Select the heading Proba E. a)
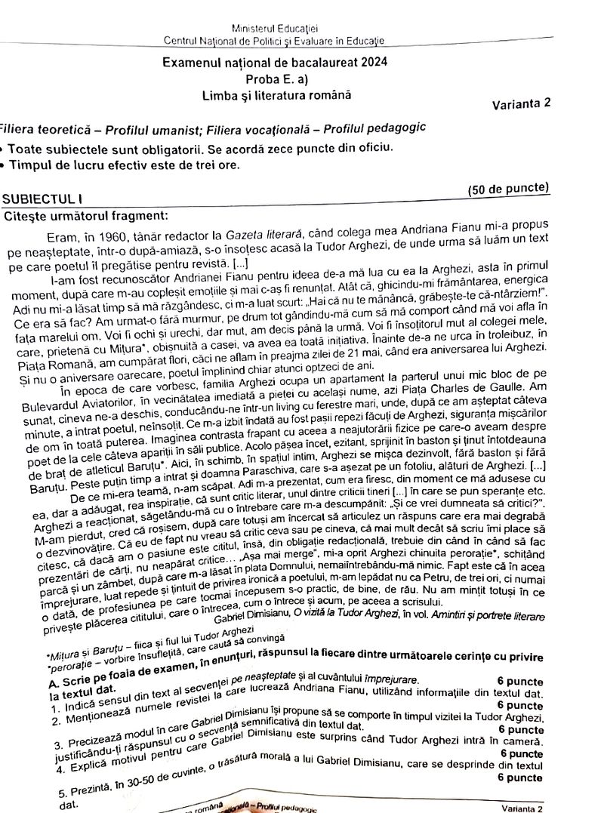[276, 79]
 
